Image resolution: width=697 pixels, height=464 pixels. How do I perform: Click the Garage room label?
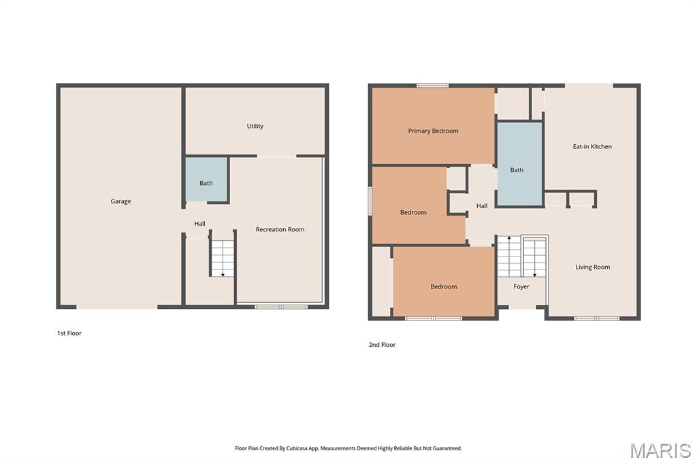pyautogui.click(x=120, y=201)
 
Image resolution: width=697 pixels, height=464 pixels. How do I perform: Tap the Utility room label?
pyautogui.click(x=255, y=127)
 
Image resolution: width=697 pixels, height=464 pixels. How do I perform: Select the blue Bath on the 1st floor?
pyautogui.click(x=206, y=180)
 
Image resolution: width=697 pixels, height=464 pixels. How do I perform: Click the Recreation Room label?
pyautogui.click(x=280, y=229)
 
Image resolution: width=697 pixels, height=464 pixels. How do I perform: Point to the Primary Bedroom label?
pyautogui.click(x=434, y=131)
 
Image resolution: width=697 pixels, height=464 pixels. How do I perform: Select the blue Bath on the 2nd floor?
pyautogui.click(x=519, y=164)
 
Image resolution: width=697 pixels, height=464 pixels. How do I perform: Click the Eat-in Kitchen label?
pyautogui.click(x=592, y=147)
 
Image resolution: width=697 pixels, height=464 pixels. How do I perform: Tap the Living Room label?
pyautogui.click(x=593, y=267)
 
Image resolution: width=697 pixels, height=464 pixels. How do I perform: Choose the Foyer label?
pyautogui.click(x=521, y=286)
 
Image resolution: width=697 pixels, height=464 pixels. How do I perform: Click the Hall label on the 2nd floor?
pyautogui.click(x=482, y=205)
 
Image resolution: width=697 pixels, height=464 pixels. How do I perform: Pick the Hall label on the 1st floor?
pyautogui.click(x=199, y=224)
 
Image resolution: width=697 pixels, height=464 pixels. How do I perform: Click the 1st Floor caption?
pyautogui.click(x=69, y=333)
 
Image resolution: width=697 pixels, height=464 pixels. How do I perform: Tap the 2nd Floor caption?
pyautogui.click(x=382, y=344)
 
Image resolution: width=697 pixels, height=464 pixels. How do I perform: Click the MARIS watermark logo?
pyautogui.click(x=660, y=450)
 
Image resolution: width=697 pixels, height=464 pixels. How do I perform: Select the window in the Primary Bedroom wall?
pyautogui.click(x=432, y=85)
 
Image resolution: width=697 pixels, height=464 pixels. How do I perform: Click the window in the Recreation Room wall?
pyautogui.click(x=281, y=307)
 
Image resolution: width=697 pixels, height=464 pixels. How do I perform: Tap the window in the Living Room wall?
pyautogui.click(x=596, y=318)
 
